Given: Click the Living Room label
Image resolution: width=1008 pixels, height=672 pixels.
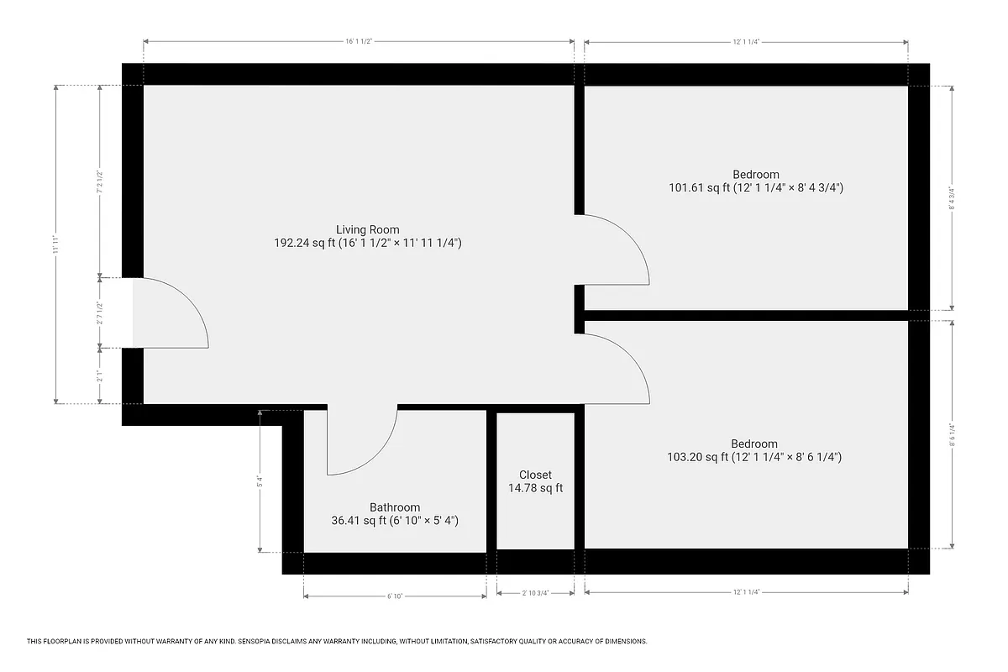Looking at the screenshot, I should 368,229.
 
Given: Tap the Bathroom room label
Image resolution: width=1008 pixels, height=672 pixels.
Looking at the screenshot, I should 395,507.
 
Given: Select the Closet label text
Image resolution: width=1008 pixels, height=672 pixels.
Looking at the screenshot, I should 535,475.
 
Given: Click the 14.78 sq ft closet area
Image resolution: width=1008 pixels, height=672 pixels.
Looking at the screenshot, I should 535,488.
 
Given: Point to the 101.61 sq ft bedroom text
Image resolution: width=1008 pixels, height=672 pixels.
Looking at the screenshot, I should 755,188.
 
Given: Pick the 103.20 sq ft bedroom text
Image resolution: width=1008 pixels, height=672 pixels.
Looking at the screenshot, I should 753,457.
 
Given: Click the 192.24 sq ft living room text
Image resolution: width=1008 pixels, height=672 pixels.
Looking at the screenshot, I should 368,243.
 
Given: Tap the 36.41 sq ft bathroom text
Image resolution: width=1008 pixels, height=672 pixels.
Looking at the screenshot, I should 395,521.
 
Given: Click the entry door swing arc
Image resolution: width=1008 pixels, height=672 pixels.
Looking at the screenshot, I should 198,307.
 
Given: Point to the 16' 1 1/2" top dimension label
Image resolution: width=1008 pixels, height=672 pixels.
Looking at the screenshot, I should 359,40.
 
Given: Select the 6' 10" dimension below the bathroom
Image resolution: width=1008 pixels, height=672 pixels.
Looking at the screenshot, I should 395,596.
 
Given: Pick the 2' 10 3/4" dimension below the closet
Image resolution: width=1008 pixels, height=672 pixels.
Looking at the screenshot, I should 535,593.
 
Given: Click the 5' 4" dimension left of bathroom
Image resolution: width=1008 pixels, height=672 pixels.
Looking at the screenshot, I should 260,482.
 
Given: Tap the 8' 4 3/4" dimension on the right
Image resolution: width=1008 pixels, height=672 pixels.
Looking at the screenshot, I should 952,198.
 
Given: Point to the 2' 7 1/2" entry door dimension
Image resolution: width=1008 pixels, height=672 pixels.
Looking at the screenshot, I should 99,312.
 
